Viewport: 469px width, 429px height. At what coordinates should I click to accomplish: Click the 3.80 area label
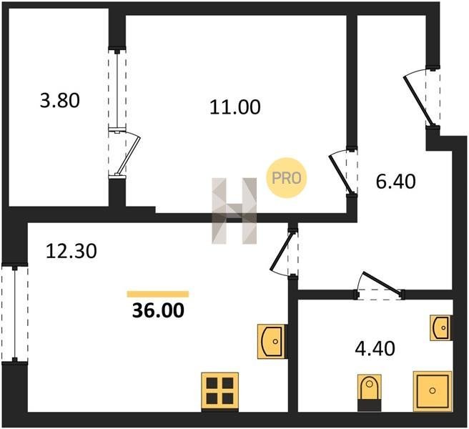pos(60,101)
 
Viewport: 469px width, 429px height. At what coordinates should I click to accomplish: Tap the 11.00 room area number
pos(235,107)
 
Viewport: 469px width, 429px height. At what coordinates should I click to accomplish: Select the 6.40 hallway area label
pos(396,182)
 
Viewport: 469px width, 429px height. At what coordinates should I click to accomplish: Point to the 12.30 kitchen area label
pos(71,251)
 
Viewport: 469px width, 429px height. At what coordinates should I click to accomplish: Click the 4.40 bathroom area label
pos(375,348)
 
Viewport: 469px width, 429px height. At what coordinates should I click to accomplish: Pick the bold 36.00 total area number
pos(158,310)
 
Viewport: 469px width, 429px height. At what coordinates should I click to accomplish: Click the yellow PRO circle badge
pos(287,178)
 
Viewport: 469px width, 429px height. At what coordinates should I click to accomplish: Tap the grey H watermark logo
pos(234,211)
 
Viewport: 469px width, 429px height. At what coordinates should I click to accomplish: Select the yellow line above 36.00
pos(157,294)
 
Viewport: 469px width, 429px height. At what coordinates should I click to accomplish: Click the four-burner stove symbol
pos(220,392)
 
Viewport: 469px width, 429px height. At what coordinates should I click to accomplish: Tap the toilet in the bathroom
pos(370,393)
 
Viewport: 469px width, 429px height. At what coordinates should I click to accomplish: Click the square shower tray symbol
pos(433,391)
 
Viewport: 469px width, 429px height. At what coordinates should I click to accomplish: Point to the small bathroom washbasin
pos(441,327)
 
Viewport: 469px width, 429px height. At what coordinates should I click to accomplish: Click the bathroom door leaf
pos(381,282)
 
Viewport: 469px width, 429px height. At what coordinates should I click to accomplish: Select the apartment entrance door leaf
pos(418,101)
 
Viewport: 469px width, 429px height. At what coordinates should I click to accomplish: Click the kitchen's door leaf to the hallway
pos(282,252)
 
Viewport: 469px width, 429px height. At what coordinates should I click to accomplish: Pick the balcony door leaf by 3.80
pos(129,155)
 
